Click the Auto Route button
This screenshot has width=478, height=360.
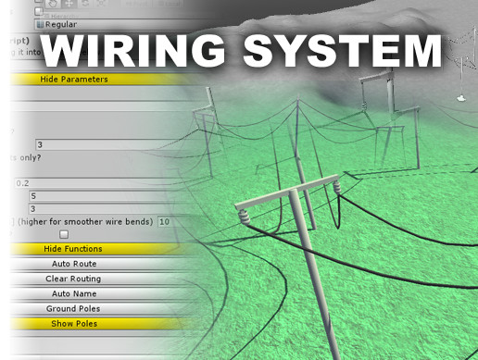(x=73, y=264)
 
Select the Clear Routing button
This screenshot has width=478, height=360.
(x=73, y=279)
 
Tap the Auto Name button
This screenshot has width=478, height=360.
(x=73, y=293)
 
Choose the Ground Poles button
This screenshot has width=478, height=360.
(x=73, y=308)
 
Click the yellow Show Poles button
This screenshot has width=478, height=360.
(x=73, y=323)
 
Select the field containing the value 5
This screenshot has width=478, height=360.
(x=93, y=196)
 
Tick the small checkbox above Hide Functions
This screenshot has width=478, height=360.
(x=64, y=235)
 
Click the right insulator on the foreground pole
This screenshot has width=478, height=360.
(x=337, y=188)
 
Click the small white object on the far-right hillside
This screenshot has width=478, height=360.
(x=460, y=96)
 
